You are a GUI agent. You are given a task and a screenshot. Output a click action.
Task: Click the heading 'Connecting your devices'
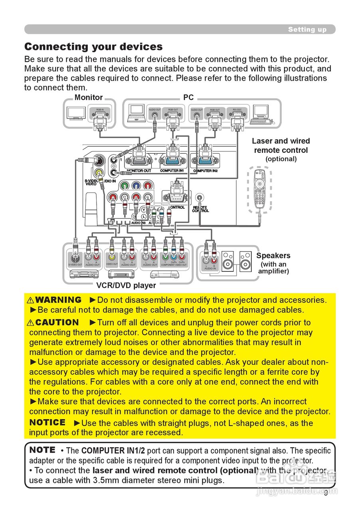pyautogui.click(x=93, y=47)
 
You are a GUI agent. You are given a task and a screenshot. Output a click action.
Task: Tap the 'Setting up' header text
pyautogui.click(x=307, y=30)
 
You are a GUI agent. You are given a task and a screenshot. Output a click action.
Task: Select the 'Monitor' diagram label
pyautogui.click(x=89, y=97)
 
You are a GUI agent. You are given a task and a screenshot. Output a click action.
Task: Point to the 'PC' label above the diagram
pyautogui.click(x=188, y=97)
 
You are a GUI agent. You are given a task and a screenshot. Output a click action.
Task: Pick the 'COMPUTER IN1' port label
pyautogui.click(x=172, y=171)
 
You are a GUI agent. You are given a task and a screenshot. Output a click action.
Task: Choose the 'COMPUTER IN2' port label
pyautogui.click(x=206, y=171)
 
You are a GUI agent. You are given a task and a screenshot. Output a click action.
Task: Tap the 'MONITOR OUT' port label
pyautogui.click(x=139, y=171)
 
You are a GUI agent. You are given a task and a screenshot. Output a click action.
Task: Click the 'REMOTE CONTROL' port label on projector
pyautogui.click(x=200, y=209)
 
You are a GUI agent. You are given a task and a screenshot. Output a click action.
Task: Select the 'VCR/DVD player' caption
pyautogui.click(x=126, y=285)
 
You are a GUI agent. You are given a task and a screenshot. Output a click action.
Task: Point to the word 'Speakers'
pyautogui.click(x=273, y=255)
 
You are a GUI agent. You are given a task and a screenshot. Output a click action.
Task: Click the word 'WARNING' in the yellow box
pyautogui.click(x=58, y=300)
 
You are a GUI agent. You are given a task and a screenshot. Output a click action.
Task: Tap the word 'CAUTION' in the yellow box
pyautogui.click(x=57, y=322)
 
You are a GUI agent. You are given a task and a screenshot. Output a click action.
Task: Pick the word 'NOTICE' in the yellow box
pyautogui.click(x=47, y=422)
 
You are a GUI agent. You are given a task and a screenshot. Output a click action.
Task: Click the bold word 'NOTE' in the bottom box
pyautogui.click(x=42, y=450)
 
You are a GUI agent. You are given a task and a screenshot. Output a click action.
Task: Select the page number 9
pyautogui.click(x=326, y=493)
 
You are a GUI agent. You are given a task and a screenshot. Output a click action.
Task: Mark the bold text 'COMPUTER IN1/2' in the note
pyautogui.click(x=113, y=451)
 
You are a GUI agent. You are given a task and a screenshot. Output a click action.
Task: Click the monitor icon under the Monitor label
pyautogui.click(x=76, y=113)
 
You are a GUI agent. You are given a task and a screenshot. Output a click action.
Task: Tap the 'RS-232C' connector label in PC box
pyautogui.click(x=237, y=109)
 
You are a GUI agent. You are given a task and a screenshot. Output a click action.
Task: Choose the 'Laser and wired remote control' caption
pyautogui.click(x=281, y=146)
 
